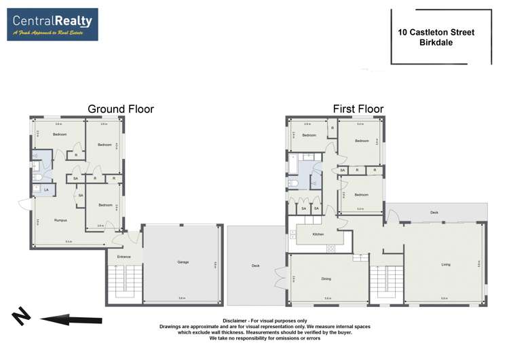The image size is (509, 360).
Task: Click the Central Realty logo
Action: (52, 24)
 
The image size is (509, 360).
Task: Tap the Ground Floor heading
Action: (121, 109)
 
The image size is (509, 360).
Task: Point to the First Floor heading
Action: (358, 109)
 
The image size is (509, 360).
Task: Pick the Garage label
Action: (183, 262)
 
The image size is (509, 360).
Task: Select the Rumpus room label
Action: (42, 219)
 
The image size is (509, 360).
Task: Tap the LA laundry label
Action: (45, 190)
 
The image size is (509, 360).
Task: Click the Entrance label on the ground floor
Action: (124, 257)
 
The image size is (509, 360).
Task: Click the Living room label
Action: (445, 265)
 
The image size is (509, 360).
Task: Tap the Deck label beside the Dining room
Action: (255, 266)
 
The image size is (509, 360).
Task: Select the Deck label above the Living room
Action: (434, 213)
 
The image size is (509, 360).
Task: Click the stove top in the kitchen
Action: (331, 247)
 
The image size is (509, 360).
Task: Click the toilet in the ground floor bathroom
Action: (39, 177)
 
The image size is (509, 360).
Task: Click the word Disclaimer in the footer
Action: (236, 320)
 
